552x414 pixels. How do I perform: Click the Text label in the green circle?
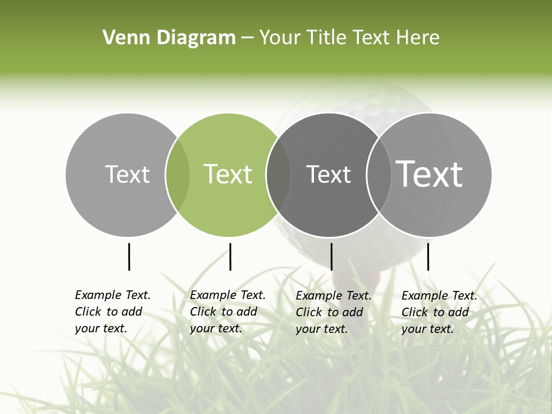click(228, 174)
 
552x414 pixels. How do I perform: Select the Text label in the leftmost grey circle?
click(127, 174)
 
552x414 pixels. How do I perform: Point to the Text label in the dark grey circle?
click(328, 174)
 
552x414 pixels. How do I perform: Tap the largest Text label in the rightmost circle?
click(430, 174)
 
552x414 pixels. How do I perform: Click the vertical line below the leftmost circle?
click(129, 256)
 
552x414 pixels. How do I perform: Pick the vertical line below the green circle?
click(230, 256)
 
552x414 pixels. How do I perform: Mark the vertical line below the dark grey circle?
click(331, 256)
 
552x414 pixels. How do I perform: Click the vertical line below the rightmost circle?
click(428, 256)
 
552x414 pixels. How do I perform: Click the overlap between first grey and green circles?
click(178, 174)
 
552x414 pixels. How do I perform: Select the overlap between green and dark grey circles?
click(278, 174)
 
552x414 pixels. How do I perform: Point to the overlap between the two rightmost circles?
click(377, 174)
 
